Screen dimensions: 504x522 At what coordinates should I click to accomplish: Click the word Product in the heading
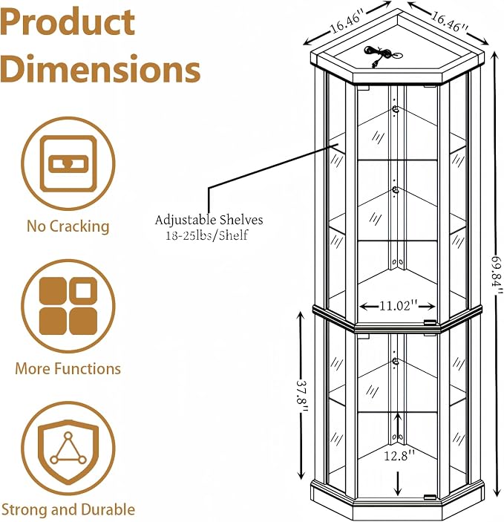click(68, 22)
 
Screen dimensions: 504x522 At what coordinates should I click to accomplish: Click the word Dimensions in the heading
click(100, 69)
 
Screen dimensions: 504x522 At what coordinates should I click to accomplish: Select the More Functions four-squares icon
click(68, 306)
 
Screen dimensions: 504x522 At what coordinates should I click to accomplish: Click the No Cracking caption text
click(68, 226)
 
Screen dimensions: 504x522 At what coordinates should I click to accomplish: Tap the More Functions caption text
click(68, 368)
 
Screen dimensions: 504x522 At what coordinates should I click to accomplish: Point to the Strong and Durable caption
click(68, 509)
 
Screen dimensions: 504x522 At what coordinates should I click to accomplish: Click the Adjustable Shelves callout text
click(209, 220)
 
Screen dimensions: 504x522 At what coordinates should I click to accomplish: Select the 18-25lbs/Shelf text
click(207, 235)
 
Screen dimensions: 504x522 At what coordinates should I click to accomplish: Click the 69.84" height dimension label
click(497, 275)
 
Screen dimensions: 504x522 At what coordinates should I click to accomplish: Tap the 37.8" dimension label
click(302, 396)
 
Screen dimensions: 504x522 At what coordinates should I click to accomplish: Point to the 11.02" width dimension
click(398, 306)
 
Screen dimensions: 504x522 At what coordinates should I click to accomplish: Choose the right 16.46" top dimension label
click(450, 22)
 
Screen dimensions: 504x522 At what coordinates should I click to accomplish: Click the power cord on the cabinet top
click(382, 55)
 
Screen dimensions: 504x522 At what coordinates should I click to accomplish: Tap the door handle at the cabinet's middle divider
click(430, 323)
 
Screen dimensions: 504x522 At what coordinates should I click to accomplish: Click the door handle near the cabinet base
click(430, 497)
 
